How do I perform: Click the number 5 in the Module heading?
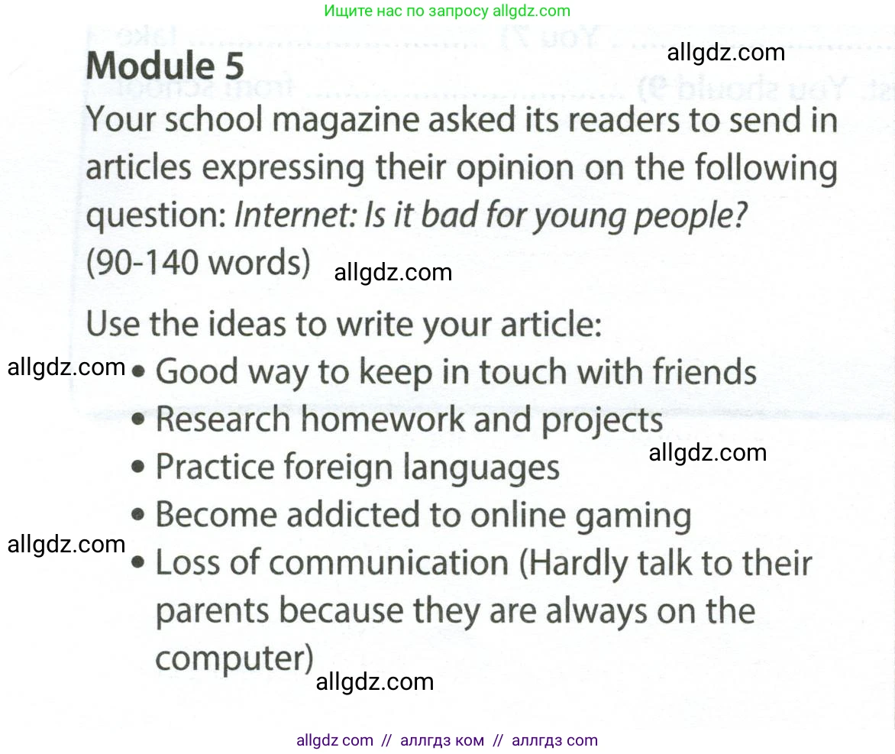(234, 66)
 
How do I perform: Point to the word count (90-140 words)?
(198, 264)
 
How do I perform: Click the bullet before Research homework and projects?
(137, 421)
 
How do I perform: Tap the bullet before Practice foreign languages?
(137, 468)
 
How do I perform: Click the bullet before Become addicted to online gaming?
(137, 516)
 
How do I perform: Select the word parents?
(212, 612)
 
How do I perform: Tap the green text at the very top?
(447, 11)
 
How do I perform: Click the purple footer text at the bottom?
(447, 741)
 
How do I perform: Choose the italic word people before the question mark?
(684, 217)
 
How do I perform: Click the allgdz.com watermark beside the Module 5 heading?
(725, 53)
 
